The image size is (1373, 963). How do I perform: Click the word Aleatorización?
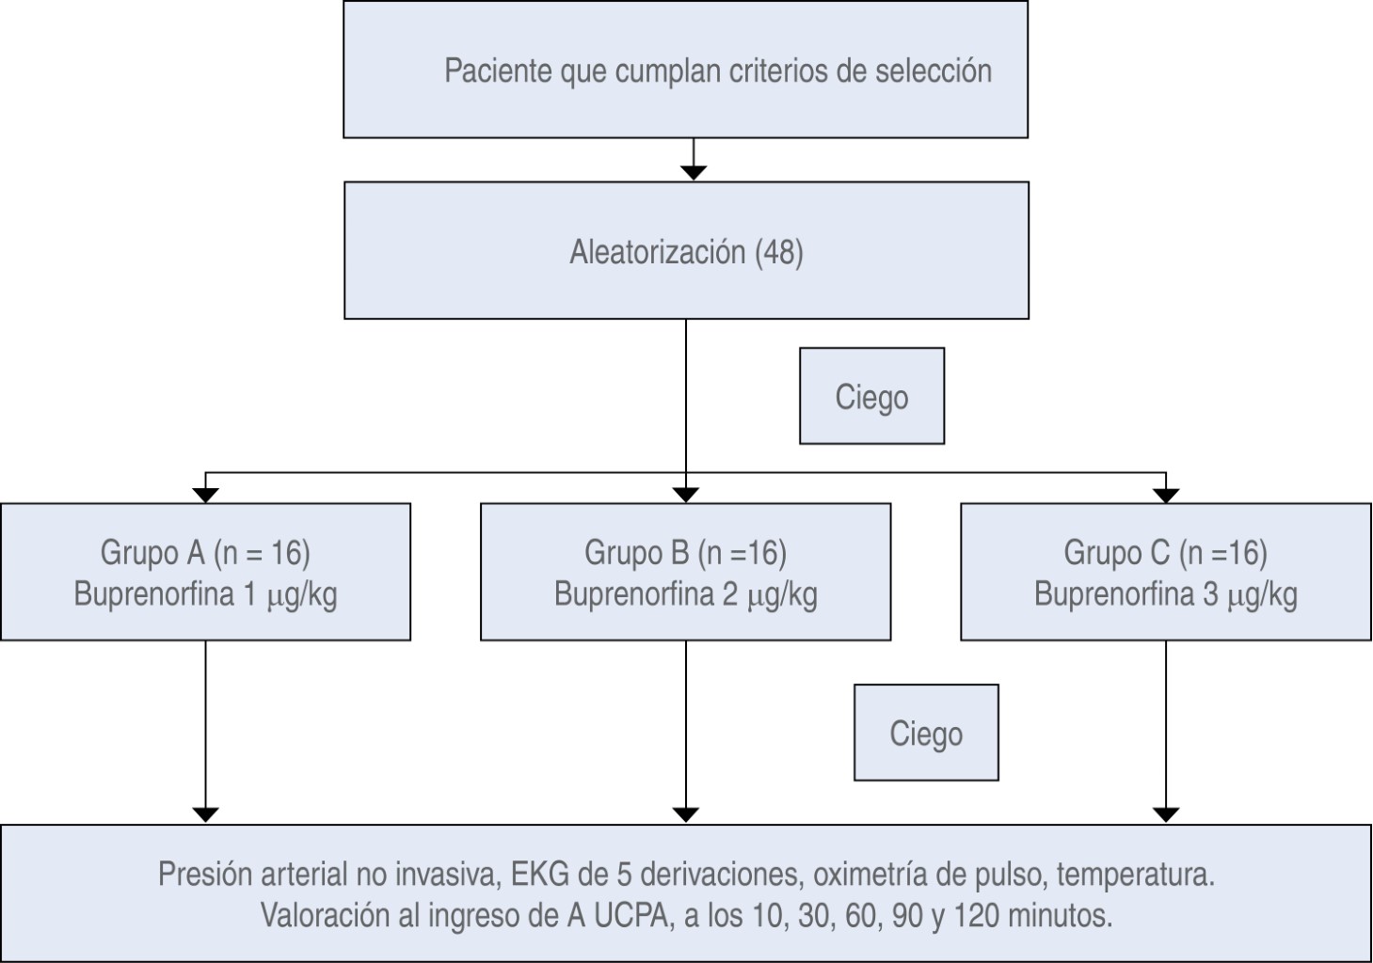(x=657, y=252)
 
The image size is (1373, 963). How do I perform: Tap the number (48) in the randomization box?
(x=779, y=252)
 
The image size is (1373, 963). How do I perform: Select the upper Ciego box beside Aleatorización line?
(x=871, y=396)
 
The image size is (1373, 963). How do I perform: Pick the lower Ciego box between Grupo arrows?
(x=926, y=733)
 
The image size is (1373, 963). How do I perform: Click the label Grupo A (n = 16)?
(x=205, y=552)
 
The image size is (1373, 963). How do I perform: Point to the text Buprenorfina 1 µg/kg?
(x=205, y=594)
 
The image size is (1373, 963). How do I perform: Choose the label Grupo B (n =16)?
(x=685, y=552)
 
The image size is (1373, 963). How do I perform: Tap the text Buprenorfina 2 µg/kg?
(x=685, y=594)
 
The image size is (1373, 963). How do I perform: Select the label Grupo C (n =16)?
(x=1165, y=552)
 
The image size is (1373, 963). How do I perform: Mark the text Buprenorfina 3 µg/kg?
(x=1165, y=594)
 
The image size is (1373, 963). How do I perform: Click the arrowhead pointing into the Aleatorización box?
(x=694, y=172)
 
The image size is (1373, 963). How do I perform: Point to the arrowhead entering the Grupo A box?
(x=205, y=495)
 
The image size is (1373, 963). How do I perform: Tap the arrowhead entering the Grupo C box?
(x=1166, y=495)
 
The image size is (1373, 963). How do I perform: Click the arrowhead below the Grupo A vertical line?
(x=205, y=814)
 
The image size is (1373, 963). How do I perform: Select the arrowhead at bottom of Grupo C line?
(x=1166, y=814)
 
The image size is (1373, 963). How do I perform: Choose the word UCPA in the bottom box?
(x=632, y=915)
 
